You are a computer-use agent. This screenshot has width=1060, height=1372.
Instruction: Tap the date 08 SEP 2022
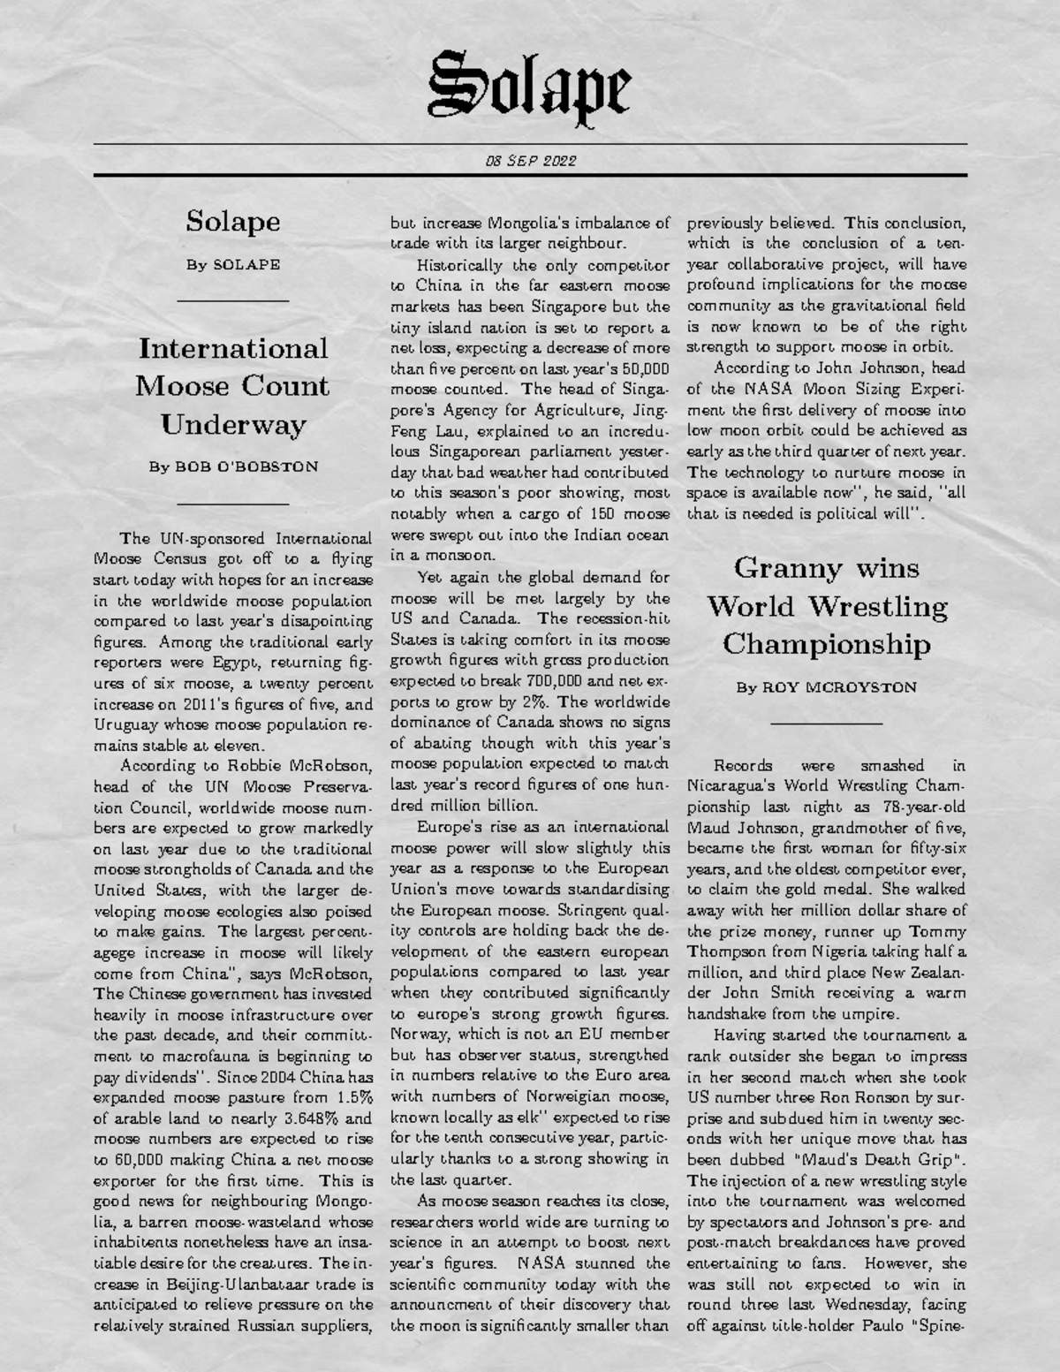pyautogui.click(x=530, y=161)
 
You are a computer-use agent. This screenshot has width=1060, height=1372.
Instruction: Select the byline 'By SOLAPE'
pyautogui.click(x=233, y=264)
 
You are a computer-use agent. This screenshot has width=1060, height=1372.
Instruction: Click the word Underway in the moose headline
pyautogui.click(x=233, y=424)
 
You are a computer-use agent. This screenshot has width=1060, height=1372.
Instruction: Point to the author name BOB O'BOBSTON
pyautogui.click(x=246, y=466)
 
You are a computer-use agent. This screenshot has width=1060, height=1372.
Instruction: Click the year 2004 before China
pyautogui.click(x=248, y=1077)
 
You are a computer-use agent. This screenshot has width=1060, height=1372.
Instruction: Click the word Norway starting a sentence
pyautogui.click(x=419, y=1035)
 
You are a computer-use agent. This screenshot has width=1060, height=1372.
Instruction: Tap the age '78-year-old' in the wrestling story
pyautogui.click(x=925, y=807)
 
